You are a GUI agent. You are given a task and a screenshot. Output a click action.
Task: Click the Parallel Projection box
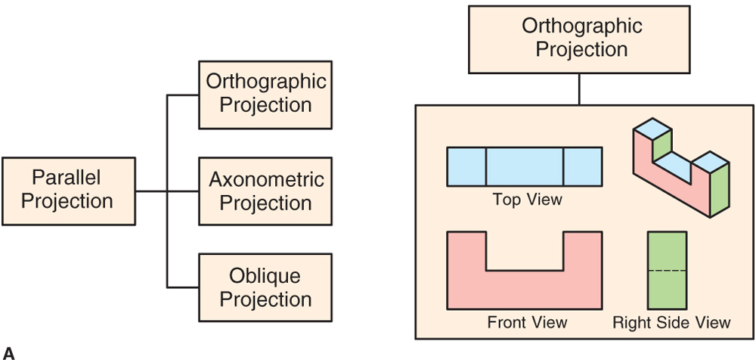(69, 191)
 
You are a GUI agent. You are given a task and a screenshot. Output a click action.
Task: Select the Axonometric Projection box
(265, 191)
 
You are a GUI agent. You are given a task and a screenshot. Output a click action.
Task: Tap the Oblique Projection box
(265, 287)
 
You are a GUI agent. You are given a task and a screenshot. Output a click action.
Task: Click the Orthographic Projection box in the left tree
(265, 95)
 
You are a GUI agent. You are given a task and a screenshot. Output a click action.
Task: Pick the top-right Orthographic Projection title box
(579, 39)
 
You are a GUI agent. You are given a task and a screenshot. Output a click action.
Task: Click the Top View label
(527, 200)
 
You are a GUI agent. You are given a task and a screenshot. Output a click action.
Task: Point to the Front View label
(527, 322)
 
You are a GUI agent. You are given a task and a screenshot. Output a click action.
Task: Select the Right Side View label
(671, 322)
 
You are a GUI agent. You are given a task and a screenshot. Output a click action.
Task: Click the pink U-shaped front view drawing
(524, 290)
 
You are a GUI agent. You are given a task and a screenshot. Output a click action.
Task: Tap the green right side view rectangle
(667, 270)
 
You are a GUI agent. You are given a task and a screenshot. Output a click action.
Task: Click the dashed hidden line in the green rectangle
(667, 271)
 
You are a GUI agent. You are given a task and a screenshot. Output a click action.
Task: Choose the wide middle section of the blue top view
(525, 166)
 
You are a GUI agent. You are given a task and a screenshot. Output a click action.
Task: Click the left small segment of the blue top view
(466, 166)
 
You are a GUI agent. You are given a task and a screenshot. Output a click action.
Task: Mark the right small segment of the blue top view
(583, 166)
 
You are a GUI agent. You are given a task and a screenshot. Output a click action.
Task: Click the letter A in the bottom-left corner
(8, 353)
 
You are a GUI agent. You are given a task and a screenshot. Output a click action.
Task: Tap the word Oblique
(265, 276)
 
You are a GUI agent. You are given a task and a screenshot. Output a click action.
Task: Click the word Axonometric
(266, 179)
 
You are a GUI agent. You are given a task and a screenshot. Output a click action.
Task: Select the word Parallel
(66, 177)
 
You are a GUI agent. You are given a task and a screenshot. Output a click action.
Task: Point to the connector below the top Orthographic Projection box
(579, 89)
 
